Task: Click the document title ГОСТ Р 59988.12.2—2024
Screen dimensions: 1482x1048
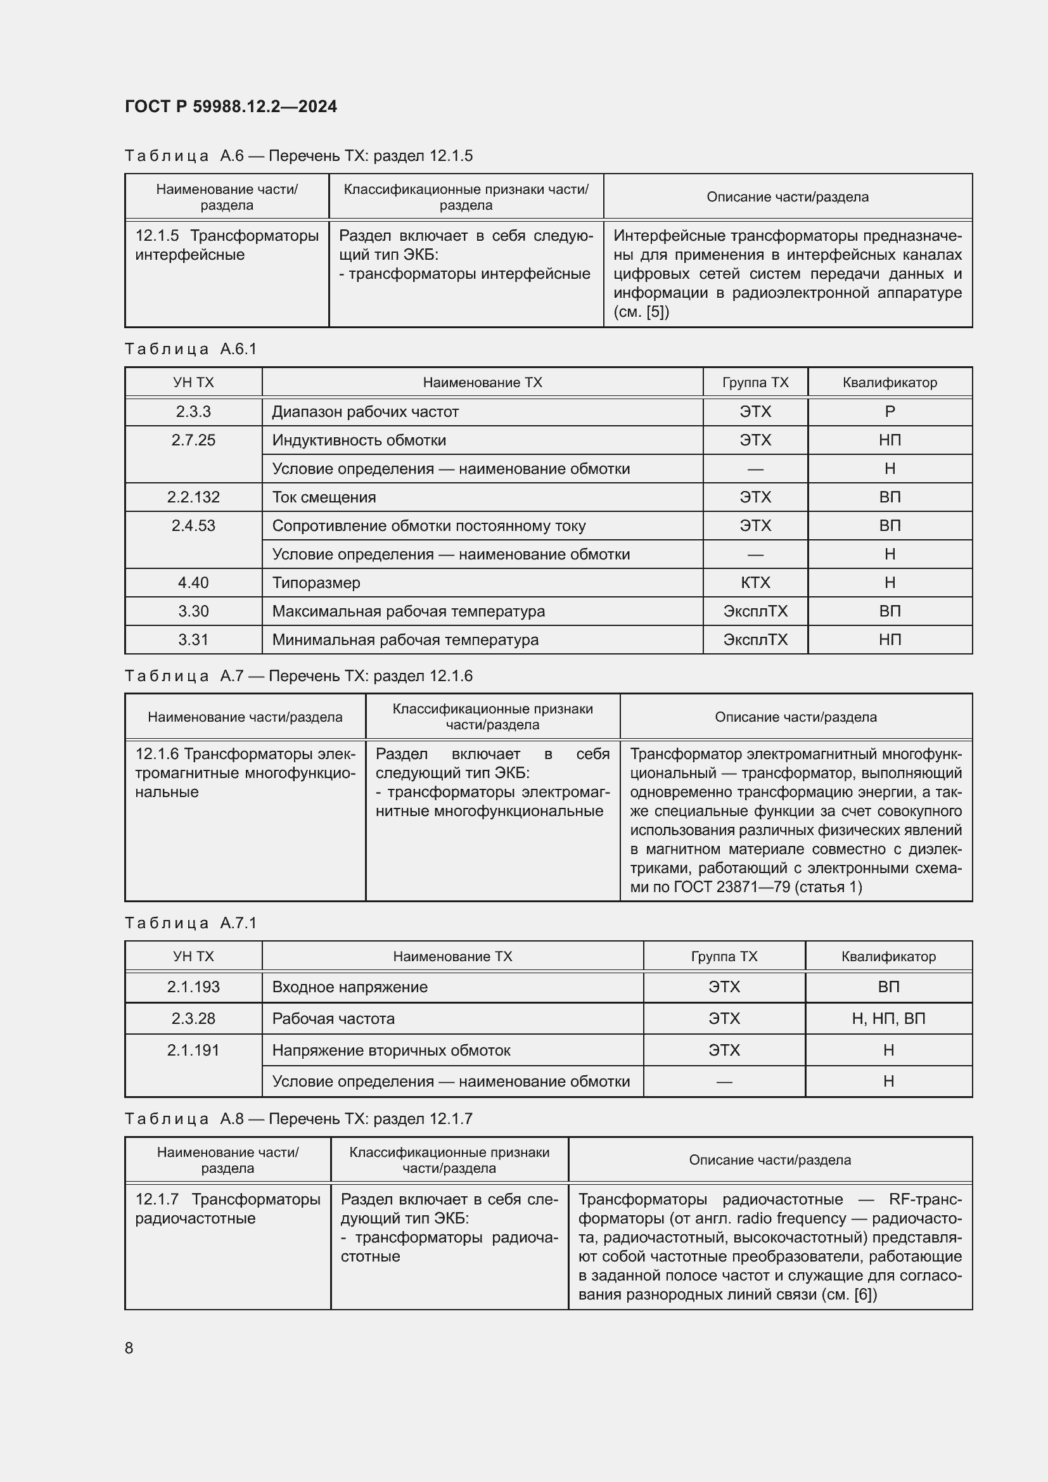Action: [231, 106]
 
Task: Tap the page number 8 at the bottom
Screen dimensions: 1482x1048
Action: [129, 1348]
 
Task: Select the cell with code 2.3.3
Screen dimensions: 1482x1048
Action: [193, 412]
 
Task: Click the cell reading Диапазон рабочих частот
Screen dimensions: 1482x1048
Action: [365, 412]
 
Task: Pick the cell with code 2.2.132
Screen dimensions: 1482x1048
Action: [193, 497]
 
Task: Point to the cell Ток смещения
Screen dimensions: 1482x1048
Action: [324, 497]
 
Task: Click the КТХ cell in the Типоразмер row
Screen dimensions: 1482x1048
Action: [755, 582]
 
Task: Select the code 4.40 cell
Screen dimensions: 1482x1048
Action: [193, 582]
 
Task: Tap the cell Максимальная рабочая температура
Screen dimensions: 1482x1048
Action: [408, 611]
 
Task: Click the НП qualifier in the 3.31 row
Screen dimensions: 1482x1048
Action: [889, 640]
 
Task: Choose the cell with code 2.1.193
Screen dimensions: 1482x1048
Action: [193, 987]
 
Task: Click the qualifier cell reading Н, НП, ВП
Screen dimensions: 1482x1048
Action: [888, 1018]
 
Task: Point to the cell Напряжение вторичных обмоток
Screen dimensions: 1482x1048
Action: [391, 1050]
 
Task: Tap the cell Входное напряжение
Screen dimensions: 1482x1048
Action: [350, 987]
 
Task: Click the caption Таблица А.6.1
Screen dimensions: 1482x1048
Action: [191, 349]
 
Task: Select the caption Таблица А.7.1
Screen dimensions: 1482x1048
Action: [191, 923]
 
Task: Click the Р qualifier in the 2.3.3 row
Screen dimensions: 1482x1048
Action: [889, 412]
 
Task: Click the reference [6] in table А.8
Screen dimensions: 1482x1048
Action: [865, 1294]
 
